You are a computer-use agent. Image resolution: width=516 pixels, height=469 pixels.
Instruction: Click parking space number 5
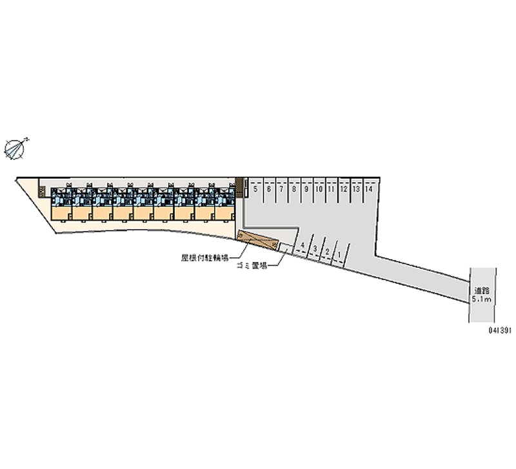pos(256,190)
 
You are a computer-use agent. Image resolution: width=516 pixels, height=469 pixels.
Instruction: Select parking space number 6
pos(269,190)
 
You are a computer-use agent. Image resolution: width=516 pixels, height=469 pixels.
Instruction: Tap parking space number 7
pos(281,190)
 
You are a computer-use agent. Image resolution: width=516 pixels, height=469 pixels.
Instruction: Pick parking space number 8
pos(293,190)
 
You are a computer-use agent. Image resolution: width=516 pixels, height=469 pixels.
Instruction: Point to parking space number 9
pos(306,190)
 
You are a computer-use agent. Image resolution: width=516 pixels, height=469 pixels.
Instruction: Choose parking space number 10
pos(318,190)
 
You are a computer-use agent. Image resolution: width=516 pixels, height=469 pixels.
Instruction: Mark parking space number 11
pos(330,190)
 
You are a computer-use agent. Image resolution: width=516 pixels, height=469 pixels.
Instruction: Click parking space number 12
pos(343,190)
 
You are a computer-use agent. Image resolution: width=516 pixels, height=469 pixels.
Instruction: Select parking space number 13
pos(355,190)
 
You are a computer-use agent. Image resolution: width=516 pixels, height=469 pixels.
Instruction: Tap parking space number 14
pos(368,190)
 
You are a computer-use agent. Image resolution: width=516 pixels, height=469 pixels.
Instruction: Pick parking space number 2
pos(327,251)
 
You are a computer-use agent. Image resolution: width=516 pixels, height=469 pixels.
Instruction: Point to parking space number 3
pos(314,248)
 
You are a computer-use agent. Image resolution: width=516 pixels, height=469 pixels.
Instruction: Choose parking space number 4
pos(302,246)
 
